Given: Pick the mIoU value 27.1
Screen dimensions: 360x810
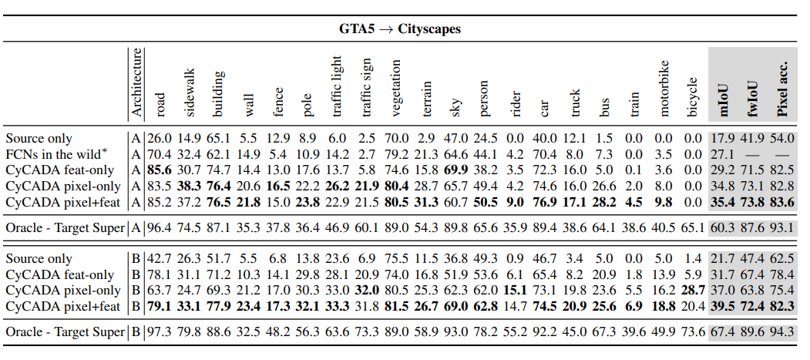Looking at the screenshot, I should pos(721,154).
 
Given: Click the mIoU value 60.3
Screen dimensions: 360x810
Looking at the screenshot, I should pos(723,227).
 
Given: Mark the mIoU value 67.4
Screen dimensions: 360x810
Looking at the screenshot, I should pos(723,332).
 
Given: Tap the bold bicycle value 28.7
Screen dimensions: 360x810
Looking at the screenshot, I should pos(693,291).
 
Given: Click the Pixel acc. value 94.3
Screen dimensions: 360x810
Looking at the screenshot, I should pos(782,332).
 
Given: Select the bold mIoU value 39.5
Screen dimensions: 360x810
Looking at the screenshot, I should pos(723,306).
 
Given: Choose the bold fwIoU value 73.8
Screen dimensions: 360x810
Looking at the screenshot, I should pos(752,201).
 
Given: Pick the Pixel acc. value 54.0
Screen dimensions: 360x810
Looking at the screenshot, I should pos(782,139).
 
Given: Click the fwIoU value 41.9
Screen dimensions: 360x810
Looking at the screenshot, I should pos(752,139).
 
